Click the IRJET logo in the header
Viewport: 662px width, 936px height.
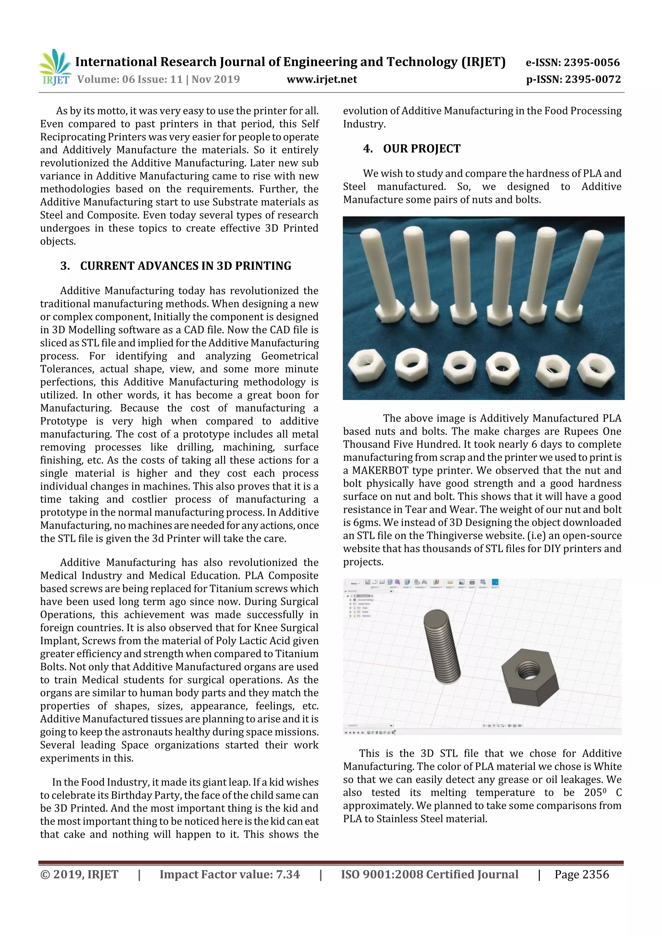(x=55, y=67)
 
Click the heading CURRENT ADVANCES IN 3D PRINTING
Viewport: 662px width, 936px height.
(x=186, y=266)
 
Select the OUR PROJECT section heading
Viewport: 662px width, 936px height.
(x=422, y=149)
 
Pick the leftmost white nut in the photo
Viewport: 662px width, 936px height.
(x=366, y=364)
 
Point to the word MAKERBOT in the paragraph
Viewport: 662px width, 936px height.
(x=380, y=470)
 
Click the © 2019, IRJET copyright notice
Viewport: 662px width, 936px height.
(x=79, y=874)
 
